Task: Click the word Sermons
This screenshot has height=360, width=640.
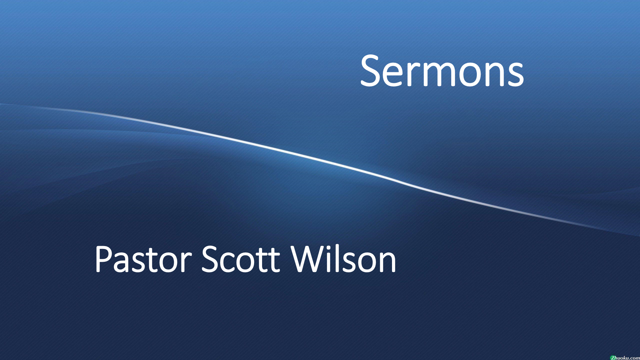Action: click(x=442, y=71)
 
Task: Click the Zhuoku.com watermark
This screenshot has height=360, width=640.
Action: click(x=625, y=357)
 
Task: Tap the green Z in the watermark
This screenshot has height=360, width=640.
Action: click(x=612, y=358)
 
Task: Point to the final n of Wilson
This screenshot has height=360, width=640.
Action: click(x=388, y=263)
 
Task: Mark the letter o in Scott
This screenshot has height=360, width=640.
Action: click(x=250, y=263)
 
